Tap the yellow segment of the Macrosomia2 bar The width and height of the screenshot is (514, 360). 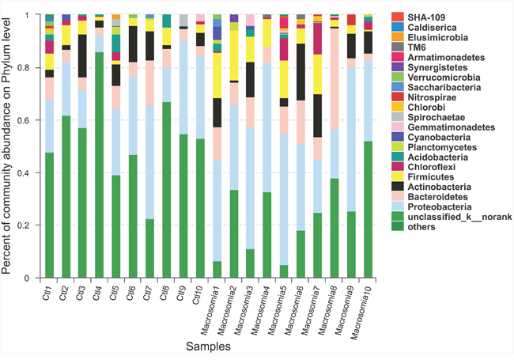pos(233,55)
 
